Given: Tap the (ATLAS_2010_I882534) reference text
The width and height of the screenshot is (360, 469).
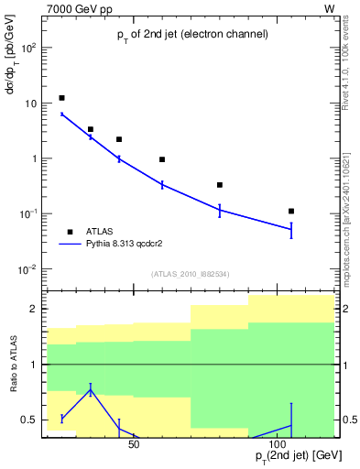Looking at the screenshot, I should point(190,273).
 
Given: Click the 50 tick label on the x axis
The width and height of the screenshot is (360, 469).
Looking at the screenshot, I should point(134,445).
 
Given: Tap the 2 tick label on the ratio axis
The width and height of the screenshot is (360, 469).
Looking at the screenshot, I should point(34,310).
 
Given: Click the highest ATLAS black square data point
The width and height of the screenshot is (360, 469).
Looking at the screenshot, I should point(61,98).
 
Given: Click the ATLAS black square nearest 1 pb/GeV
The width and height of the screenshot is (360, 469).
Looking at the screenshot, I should point(162,159).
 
